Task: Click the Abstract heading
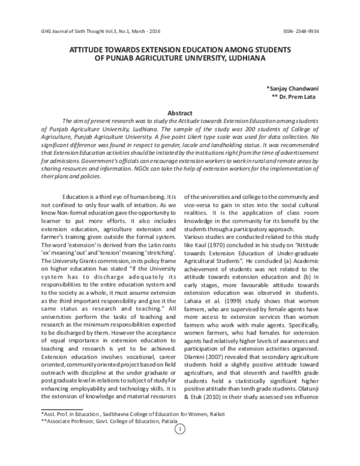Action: point(179,113)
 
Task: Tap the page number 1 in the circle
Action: point(179,446)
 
